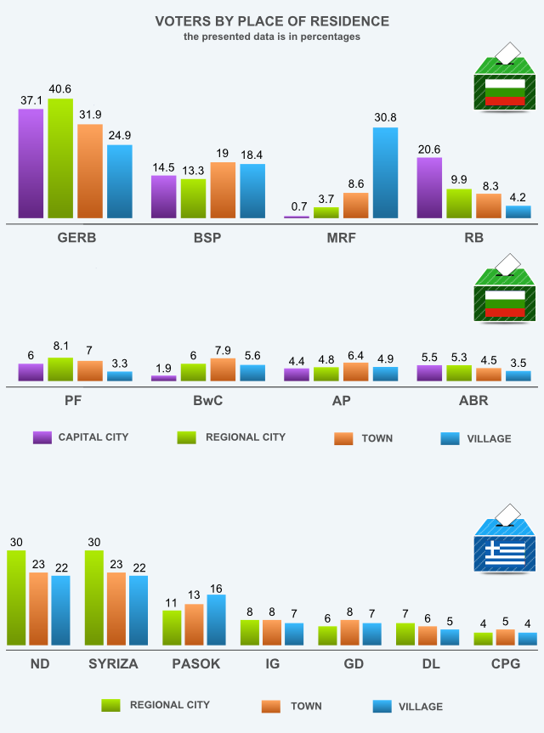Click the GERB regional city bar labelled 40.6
60,159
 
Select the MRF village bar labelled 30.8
385,173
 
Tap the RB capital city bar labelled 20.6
430,188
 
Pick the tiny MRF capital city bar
297,217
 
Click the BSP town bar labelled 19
223,190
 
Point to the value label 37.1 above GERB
31,99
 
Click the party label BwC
208,400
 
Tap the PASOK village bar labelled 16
217,620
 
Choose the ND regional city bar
16,598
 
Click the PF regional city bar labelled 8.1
60,369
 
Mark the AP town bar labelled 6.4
355,371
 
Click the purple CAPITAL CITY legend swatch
42,437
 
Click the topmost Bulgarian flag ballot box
505,82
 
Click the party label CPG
506,663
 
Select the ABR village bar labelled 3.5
518,375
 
